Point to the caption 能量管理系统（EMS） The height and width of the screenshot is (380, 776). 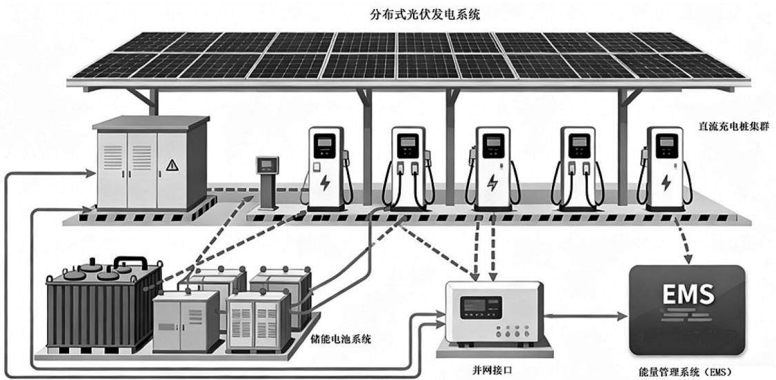(686, 370)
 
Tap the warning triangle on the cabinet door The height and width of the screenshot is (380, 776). (172, 166)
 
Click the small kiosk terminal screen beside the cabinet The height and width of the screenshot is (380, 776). (267, 163)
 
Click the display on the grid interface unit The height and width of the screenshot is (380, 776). (481, 308)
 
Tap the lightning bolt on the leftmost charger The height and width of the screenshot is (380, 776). (325, 183)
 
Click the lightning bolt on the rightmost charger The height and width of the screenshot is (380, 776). (666, 183)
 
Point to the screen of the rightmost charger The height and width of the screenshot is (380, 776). (664, 143)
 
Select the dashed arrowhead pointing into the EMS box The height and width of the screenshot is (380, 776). (688, 259)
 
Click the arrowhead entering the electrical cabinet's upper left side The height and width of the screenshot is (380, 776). (90, 172)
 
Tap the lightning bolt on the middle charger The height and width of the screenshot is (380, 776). (492, 183)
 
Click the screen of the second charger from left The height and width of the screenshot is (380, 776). (408, 143)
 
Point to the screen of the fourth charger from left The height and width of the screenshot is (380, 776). (577, 143)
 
